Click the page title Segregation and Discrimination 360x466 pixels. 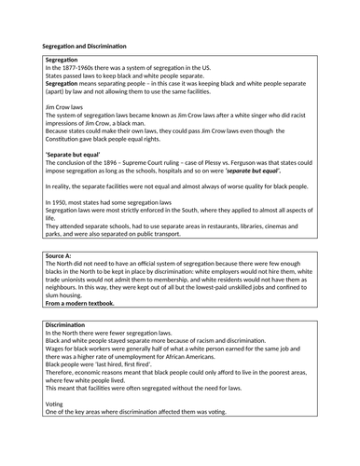click(x=85, y=46)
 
